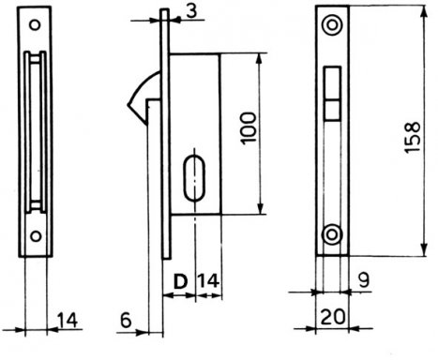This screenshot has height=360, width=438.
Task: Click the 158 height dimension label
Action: pyautogui.click(x=413, y=137)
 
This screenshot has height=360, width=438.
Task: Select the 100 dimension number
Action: pyautogui.click(x=249, y=128)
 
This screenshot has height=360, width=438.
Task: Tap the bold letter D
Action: pyautogui.click(x=180, y=281)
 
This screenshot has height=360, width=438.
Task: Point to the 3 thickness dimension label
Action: pyautogui.click(x=190, y=11)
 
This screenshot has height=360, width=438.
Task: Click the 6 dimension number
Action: pyautogui.click(x=126, y=321)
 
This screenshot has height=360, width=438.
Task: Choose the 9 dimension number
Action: pyautogui.click(x=364, y=279)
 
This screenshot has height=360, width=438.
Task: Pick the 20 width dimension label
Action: pyautogui.click(x=333, y=317)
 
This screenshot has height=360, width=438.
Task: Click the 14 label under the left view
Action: pyautogui.click(x=68, y=320)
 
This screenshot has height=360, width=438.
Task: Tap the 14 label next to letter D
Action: pyautogui.click(x=208, y=280)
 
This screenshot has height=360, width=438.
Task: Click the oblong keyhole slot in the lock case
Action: pyautogui.click(x=194, y=177)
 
